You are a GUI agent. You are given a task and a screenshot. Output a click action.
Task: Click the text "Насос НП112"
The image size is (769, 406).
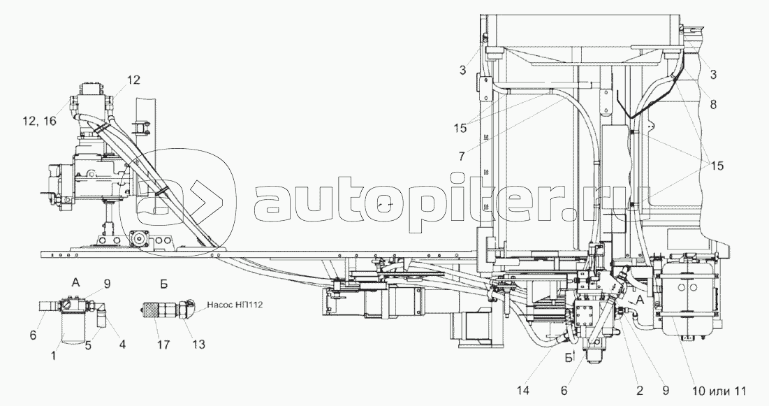click(234, 305)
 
